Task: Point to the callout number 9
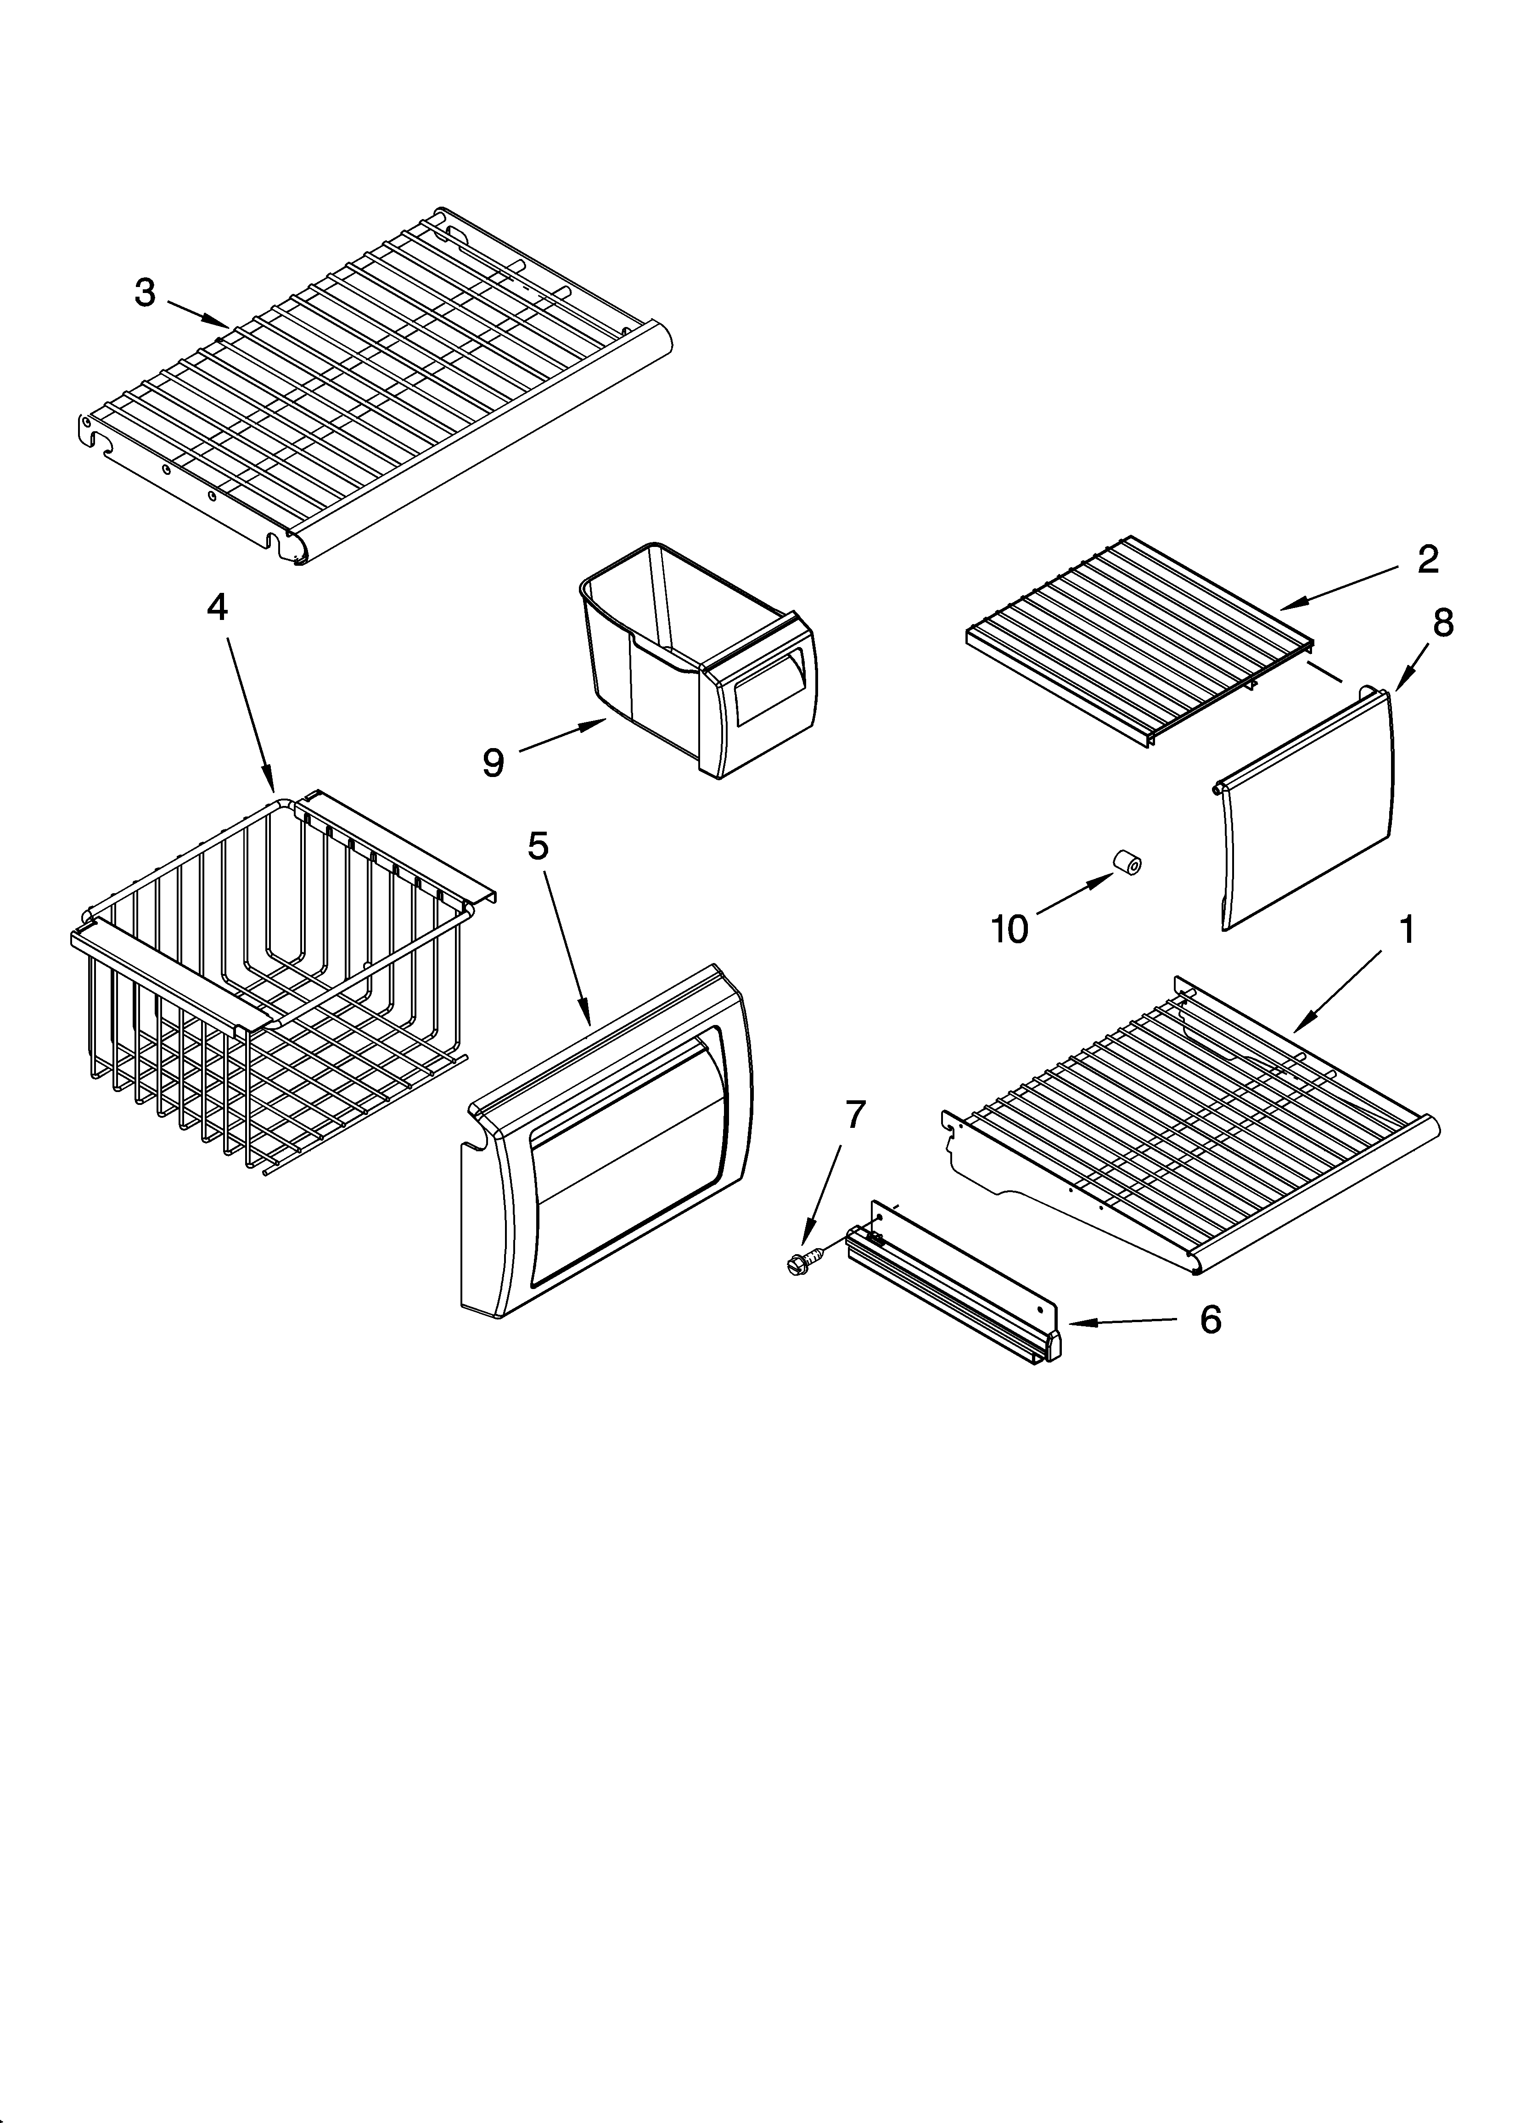tap(494, 763)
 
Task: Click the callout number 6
tap(1210, 1320)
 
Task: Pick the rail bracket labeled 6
tap(955, 1292)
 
